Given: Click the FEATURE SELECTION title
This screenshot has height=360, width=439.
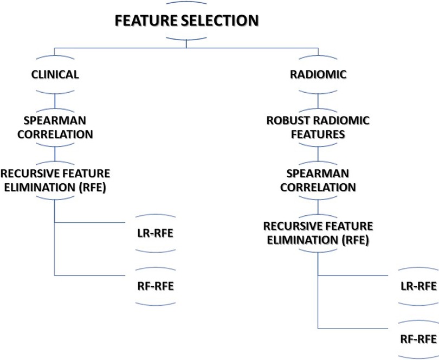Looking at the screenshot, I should [186, 21].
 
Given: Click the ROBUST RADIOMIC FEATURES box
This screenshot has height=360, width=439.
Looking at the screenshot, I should [318, 126].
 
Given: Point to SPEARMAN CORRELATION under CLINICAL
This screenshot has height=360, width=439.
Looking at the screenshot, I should [54, 126].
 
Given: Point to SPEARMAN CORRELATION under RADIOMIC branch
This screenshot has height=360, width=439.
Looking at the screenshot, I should [318, 181].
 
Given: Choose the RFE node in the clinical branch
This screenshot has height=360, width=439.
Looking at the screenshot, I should [54, 180].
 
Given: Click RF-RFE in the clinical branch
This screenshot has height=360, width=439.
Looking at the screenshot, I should [156, 285].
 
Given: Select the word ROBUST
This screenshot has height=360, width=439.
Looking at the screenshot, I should [285, 120].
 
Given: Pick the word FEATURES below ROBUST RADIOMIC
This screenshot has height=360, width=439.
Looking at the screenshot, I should [318, 133].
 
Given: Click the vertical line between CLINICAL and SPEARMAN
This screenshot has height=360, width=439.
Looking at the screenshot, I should [54, 99].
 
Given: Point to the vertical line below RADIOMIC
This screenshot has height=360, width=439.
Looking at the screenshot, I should [318, 99].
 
